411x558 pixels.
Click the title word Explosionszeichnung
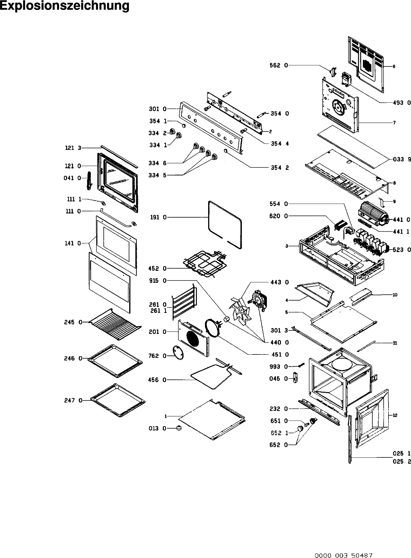pyautogui.click(x=64, y=6)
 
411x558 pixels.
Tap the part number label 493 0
pyautogui.click(x=402, y=103)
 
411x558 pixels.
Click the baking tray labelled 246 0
pyautogui.click(x=115, y=361)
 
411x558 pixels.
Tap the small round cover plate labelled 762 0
pyautogui.click(x=179, y=352)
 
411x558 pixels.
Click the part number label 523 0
pyautogui.click(x=402, y=250)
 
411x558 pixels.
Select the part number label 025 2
pyautogui.click(x=402, y=462)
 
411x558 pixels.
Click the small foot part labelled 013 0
pyautogui.click(x=180, y=428)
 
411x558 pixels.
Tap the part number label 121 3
pyautogui.click(x=73, y=148)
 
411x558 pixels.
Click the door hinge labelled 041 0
pyautogui.click(x=89, y=180)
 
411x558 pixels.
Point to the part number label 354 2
pyautogui.click(x=280, y=168)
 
